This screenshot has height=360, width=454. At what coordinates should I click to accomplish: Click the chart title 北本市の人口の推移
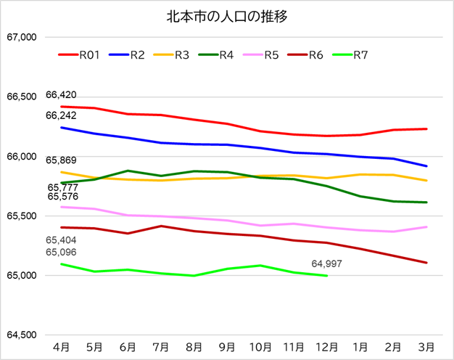(x=227, y=16)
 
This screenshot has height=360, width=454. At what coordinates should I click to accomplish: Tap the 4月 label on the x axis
(x=62, y=346)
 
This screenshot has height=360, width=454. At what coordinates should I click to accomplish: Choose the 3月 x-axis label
(x=426, y=346)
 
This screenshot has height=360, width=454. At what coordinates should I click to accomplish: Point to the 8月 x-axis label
(x=194, y=346)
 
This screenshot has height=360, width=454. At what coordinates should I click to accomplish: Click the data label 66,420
(x=61, y=95)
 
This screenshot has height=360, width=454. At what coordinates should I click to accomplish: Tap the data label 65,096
(x=61, y=252)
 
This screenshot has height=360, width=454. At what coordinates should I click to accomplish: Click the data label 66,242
(x=61, y=115)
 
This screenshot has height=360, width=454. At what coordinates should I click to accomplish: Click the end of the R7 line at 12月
(x=327, y=276)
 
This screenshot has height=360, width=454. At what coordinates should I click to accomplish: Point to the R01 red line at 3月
(x=426, y=129)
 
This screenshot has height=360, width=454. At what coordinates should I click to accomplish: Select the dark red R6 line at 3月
(x=426, y=263)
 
